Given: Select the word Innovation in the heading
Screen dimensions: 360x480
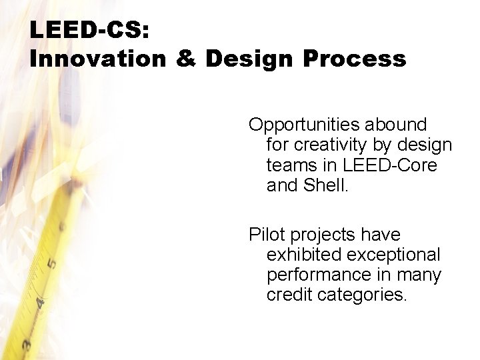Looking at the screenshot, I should (97, 59).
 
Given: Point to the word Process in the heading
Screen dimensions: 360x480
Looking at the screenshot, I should (354, 59).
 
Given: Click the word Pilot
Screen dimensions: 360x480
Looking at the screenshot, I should (265, 234).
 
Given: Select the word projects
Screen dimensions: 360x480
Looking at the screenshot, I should (325, 234).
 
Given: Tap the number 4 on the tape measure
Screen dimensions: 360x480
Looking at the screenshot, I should (40, 303).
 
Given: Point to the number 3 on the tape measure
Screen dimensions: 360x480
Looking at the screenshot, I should (27, 345).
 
